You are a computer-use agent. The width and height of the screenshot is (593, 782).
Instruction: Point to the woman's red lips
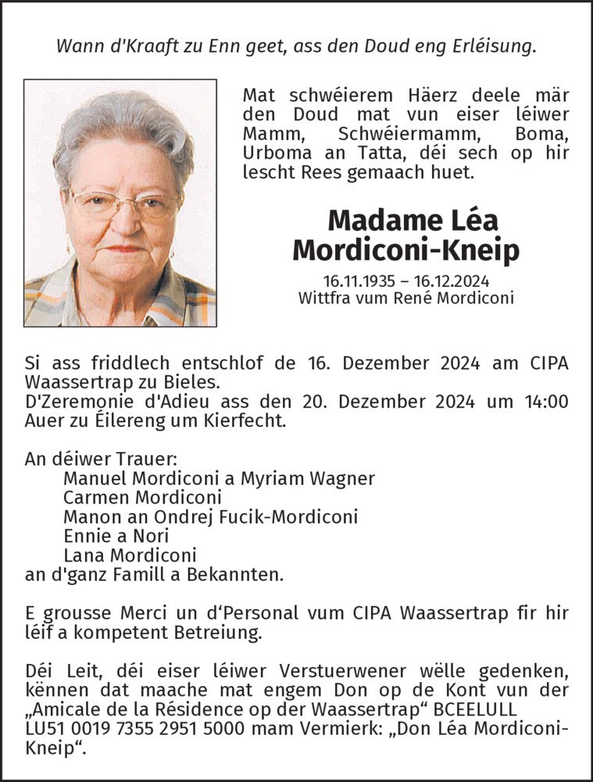[x=123, y=249]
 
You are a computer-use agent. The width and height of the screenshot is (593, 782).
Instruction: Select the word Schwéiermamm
[x=391, y=134]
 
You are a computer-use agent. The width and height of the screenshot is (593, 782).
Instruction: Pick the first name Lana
[x=83, y=555]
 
